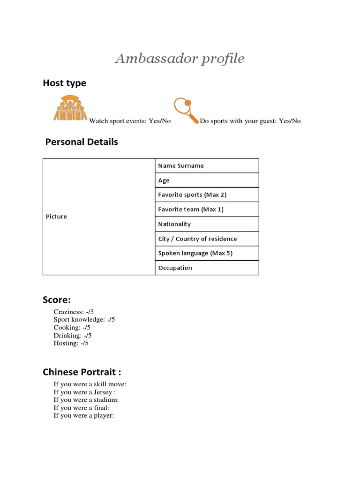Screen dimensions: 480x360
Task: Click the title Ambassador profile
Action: click(180, 59)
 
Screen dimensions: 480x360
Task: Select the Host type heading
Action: click(64, 83)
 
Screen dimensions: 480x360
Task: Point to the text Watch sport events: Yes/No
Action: click(130, 121)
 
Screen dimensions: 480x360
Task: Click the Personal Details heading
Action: click(82, 142)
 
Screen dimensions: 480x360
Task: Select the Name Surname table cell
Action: click(207, 165)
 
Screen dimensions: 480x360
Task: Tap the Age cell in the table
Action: click(207, 180)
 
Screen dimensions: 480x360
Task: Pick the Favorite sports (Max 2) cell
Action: click(207, 195)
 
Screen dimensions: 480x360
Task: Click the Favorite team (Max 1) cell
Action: click(207, 210)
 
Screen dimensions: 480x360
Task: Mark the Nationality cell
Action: click(207, 224)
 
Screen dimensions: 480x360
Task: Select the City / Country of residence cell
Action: click(207, 239)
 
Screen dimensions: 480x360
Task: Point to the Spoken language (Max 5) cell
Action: click(207, 253)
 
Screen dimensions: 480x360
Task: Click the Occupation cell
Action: click(207, 268)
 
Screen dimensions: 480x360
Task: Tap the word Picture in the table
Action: click(56, 217)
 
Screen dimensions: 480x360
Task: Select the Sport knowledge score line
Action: click(84, 320)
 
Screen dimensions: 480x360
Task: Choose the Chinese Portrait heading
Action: click(82, 372)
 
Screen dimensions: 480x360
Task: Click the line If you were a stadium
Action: click(86, 400)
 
